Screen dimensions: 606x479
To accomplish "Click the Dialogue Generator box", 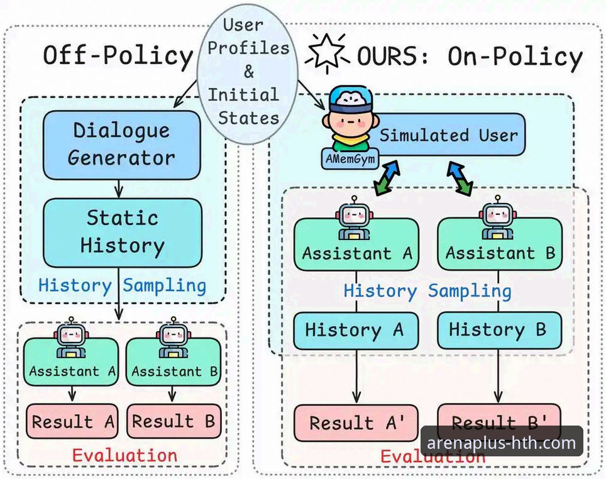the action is coord(122,145).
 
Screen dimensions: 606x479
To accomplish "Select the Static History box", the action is coord(122,233).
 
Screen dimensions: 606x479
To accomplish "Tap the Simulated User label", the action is coord(448,135).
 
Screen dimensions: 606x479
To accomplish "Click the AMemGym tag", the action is coord(350,159).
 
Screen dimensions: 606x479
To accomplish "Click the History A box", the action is coord(356,331).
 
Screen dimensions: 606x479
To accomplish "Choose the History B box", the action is coord(499,331).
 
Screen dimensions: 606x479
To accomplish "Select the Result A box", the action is coord(72,421).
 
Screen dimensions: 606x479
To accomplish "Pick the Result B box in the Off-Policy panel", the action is coord(174,421).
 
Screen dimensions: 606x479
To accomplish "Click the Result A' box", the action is coord(356,423).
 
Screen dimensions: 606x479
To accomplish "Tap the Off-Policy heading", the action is coord(118,56).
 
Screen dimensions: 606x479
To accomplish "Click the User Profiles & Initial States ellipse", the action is coord(248,74).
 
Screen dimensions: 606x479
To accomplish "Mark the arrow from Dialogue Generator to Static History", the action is coord(119,189).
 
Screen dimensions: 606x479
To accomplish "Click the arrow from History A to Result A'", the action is coord(356,377).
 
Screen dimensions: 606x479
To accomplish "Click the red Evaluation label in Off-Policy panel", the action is coord(124,455).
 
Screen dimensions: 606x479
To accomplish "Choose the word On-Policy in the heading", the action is coord(515,57).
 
